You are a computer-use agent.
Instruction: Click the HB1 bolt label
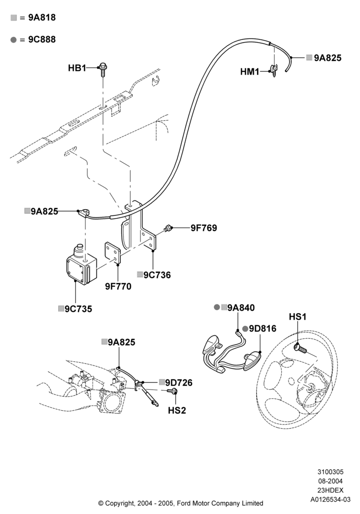point(77,68)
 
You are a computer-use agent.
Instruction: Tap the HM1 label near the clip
point(249,71)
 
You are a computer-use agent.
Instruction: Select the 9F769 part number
point(204,228)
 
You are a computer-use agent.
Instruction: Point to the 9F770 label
point(118,286)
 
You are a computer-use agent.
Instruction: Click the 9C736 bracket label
point(157,274)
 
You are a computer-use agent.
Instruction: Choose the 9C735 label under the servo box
point(78,309)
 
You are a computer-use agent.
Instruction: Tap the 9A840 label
point(241,307)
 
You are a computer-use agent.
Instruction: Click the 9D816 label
point(263,328)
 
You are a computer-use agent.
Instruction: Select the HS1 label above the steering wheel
point(297,317)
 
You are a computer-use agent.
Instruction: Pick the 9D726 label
point(178,382)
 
